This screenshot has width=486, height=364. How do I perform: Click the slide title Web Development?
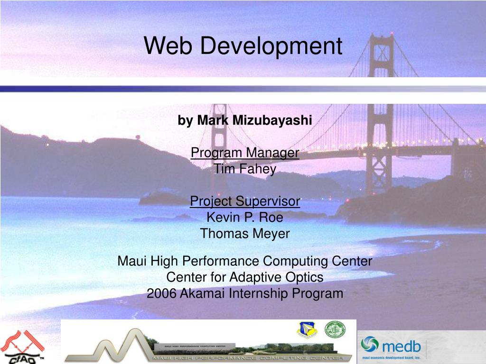[x=243, y=46]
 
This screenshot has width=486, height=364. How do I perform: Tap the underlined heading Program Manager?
[x=245, y=153]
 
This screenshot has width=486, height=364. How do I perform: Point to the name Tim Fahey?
[x=245, y=169]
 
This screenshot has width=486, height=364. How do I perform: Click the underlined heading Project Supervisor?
[x=245, y=201]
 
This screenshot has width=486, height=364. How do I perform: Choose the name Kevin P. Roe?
[x=245, y=218]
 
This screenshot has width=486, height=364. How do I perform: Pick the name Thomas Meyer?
[x=245, y=234]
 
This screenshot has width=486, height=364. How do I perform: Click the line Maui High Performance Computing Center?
[x=245, y=261]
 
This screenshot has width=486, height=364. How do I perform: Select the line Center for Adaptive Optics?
[x=245, y=277]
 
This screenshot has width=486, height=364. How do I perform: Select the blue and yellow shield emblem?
[x=307, y=330]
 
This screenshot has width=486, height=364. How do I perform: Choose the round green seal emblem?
[x=335, y=329]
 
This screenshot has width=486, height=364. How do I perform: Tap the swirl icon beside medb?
[x=370, y=344]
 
